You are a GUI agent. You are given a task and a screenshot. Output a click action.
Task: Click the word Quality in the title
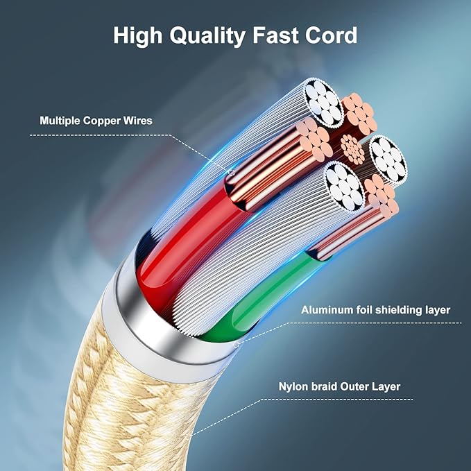pos(207,36)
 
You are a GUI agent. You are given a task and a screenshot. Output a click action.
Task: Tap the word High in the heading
pos(137,35)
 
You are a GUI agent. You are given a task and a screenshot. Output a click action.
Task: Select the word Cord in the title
pos(332,35)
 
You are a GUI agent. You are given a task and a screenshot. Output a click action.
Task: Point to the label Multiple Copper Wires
pos(96,121)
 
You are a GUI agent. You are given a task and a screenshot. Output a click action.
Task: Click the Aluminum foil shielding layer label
pos(375,310)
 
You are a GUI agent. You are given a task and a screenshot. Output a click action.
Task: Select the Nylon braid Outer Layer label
pos(339,386)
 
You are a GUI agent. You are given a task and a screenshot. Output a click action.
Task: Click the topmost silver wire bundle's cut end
pos(323,103)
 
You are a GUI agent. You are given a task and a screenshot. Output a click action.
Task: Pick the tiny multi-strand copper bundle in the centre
pos(352,149)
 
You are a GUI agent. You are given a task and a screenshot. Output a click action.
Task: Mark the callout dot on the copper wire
pos(231,173)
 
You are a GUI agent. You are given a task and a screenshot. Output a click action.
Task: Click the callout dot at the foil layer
pos(237,344)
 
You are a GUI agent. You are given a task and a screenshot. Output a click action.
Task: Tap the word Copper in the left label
pos(103,121)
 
